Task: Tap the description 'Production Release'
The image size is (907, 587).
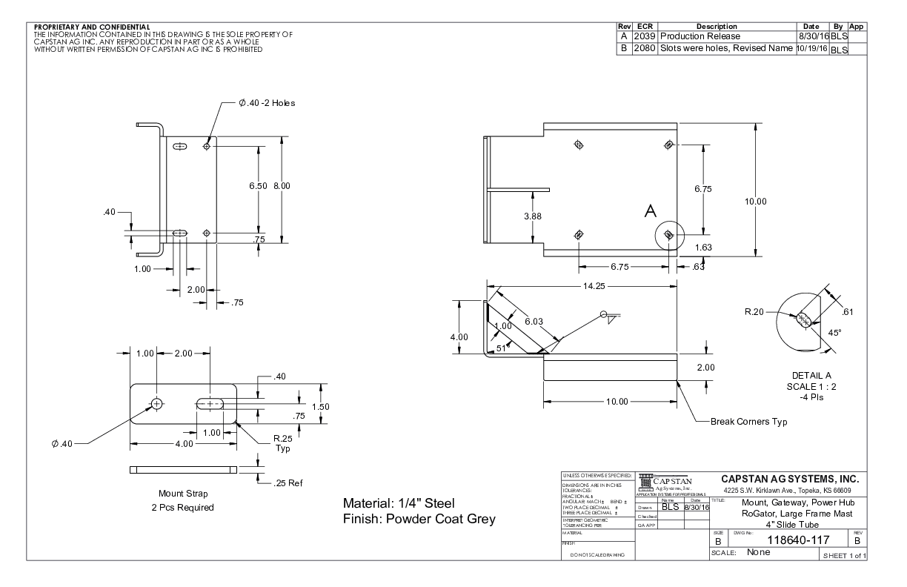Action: tap(700, 36)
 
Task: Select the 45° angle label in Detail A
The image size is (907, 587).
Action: tap(834, 333)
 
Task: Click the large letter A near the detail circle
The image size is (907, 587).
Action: tap(651, 212)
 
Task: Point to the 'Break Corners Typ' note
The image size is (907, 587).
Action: tap(748, 422)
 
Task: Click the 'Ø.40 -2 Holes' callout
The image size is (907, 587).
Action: tap(266, 103)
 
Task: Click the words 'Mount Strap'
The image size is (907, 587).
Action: tap(183, 494)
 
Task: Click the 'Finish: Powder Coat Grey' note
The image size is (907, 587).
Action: tap(419, 518)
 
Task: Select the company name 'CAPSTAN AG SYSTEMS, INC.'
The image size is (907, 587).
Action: tap(789, 479)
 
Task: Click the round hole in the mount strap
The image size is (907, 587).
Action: tap(156, 403)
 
